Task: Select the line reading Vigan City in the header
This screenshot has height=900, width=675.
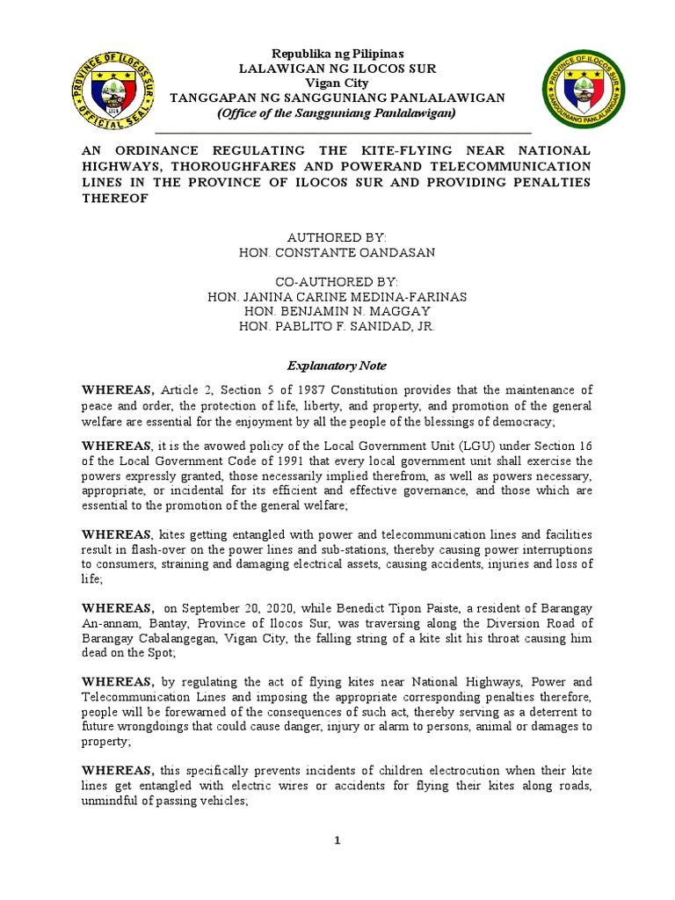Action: (x=337, y=83)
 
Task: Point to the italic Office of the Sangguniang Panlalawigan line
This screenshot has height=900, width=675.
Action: (x=337, y=113)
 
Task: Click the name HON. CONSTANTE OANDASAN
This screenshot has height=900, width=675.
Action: (x=337, y=252)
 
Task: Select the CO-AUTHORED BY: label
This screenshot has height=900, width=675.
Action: (x=337, y=282)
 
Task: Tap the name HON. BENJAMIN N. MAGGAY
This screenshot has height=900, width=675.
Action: (x=337, y=312)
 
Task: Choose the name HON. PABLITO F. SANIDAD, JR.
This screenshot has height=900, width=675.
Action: (x=337, y=327)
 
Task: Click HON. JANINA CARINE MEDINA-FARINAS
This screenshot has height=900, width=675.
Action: (x=337, y=297)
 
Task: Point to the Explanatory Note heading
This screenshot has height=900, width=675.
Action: (x=337, y=365)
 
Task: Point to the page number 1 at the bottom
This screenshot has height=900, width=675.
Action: (x=337, y=841)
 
